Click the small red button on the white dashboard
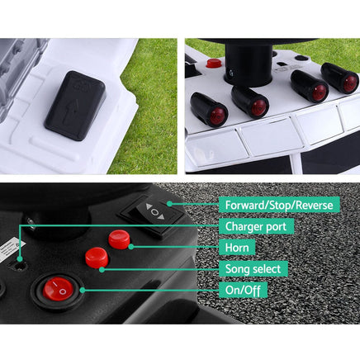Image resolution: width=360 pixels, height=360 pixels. click(214, 62)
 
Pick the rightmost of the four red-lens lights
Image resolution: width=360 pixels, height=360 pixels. click(339, 77)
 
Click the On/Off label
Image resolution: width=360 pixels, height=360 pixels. click(240, 290)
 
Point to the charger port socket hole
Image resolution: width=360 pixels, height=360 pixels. click(18, 266)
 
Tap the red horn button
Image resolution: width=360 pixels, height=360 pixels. click(120, 239)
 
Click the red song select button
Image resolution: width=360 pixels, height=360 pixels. click(97, 258)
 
